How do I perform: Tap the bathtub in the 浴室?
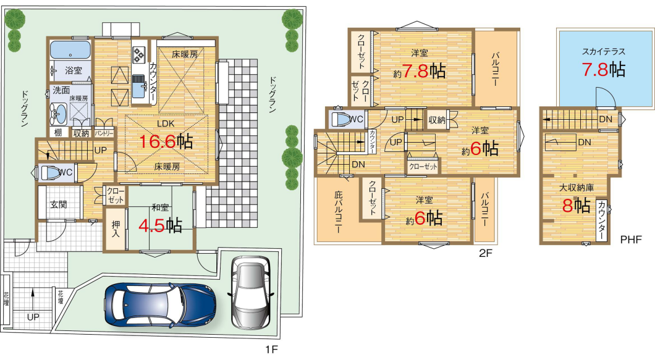(70, 51)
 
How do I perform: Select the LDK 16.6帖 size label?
(166, 141)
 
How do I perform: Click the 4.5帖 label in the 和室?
(160, 225)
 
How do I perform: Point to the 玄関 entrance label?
(59, 204)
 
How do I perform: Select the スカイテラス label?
(604, 52)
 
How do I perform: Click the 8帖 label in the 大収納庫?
(576, 206)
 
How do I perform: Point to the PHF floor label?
(631, 240)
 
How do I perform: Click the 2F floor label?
(485, 253)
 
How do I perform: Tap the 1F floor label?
(271, 349)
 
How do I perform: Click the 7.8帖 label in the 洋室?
(423, 71)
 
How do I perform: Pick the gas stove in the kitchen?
(138, 54)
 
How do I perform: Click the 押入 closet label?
(116, 229)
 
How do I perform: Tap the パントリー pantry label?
(104, 133)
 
